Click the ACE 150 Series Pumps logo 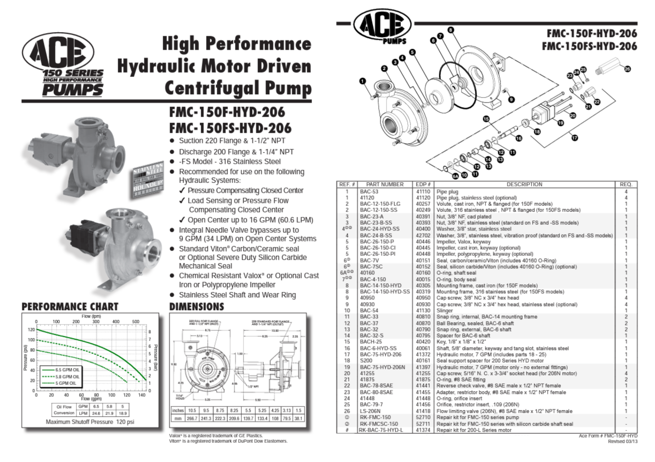(62, 64)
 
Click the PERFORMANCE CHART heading (70, 307)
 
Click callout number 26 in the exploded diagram (628, 69)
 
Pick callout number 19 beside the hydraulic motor (560, 123)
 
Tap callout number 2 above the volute (384, 68)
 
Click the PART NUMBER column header (385, 184)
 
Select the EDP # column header (423, 184)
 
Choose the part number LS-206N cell (372, 411)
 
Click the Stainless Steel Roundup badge (149, 181)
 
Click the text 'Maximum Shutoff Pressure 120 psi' (90, 422)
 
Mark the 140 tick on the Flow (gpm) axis (141, 395)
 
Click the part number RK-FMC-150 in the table (375, 417)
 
